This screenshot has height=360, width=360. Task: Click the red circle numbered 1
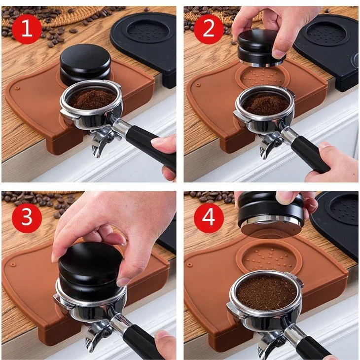point(26,29)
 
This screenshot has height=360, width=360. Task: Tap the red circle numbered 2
point(209,29)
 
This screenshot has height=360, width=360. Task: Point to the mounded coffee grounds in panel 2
point(266,104)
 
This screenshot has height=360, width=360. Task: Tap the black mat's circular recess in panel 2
point(326,32)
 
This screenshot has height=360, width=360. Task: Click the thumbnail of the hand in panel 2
point(278,54)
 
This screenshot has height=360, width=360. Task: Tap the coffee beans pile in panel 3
point(35,200)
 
